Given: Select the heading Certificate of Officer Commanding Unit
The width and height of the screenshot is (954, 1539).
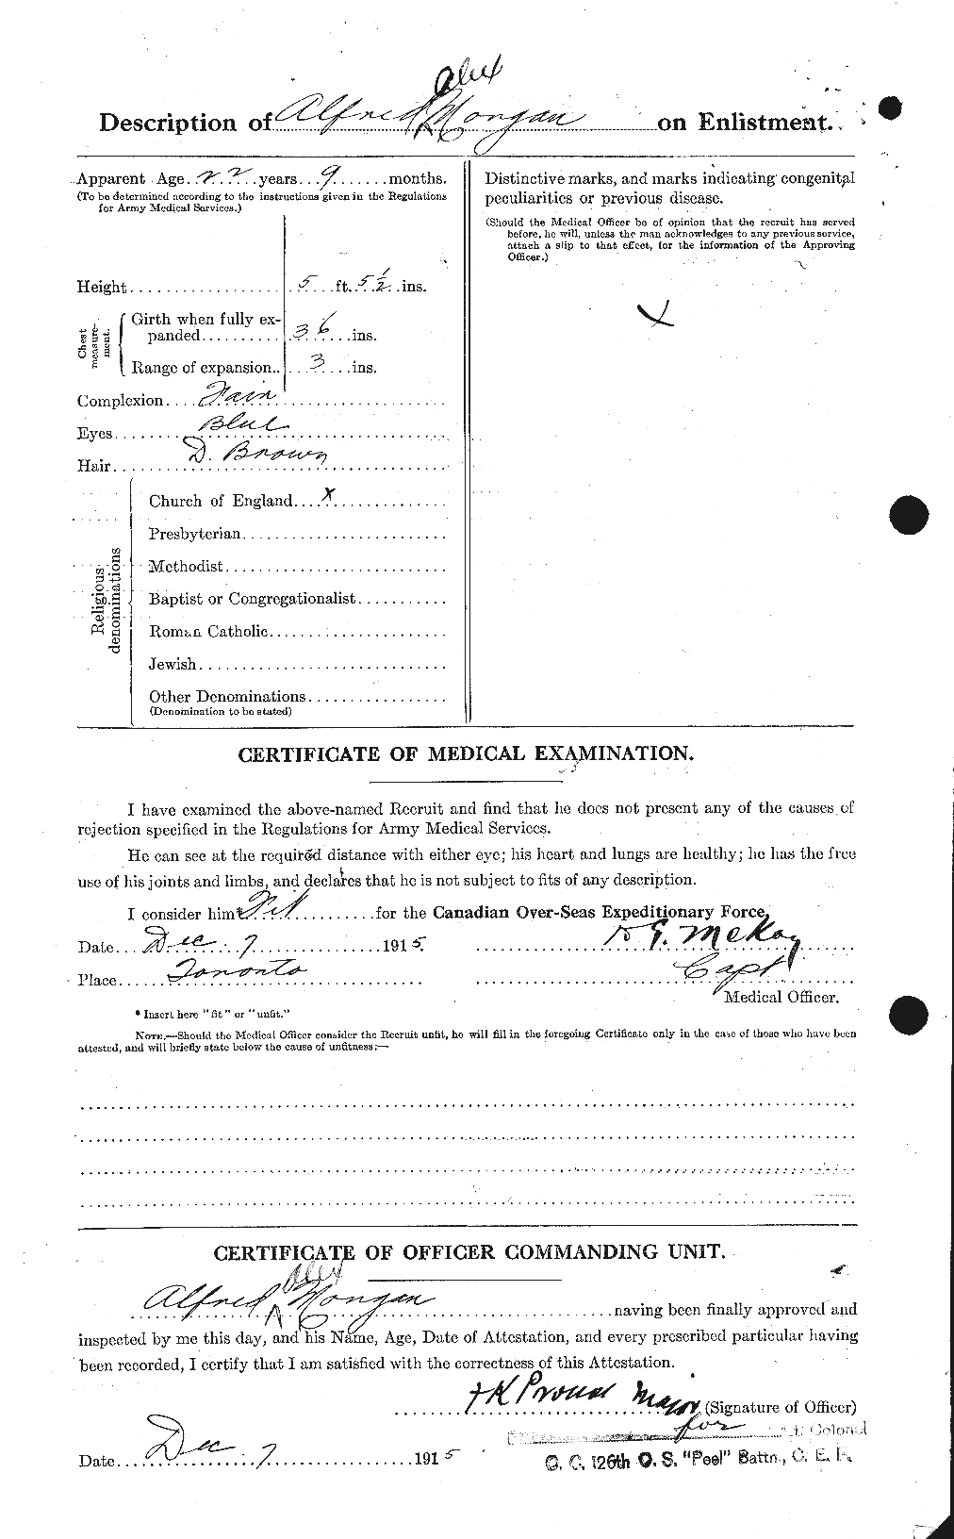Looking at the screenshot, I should (x=469, y=1253).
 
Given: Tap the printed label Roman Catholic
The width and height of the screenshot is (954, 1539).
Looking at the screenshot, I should (x=208, y=632).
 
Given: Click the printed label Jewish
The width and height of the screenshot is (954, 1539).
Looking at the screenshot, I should (x=173, y=664).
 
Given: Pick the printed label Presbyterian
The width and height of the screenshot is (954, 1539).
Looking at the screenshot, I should (x=195, y=534).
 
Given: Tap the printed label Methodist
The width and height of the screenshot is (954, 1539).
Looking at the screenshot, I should (x=186, y=567).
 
